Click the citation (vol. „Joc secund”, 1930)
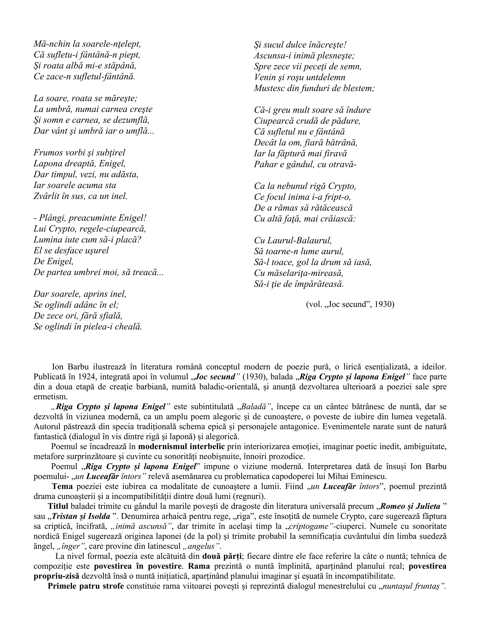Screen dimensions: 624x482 [350, 304]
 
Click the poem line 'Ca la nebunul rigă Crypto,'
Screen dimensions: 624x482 [305, 186]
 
